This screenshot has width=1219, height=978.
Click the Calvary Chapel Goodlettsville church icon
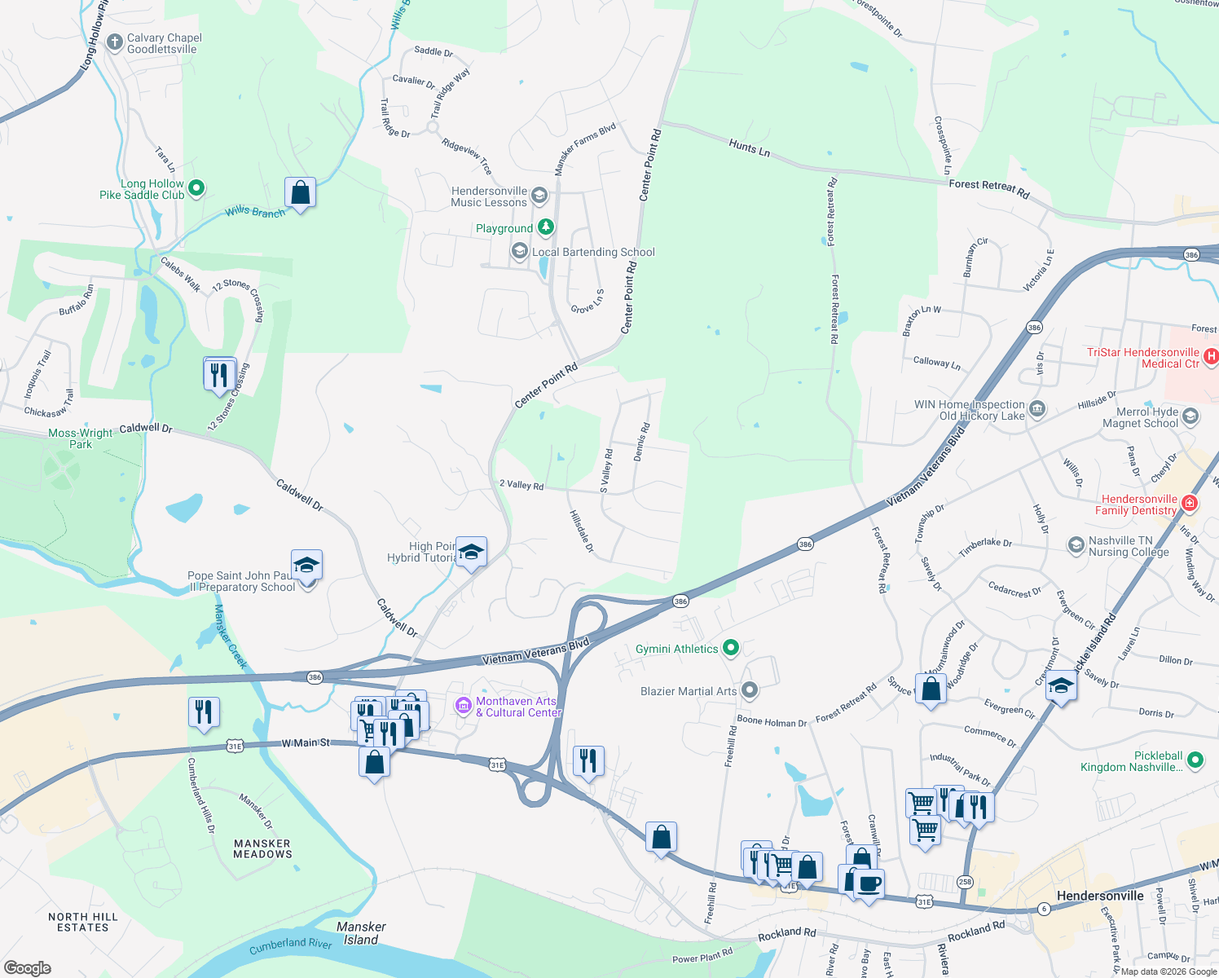pos(115,42)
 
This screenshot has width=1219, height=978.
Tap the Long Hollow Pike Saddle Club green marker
pos(196,189)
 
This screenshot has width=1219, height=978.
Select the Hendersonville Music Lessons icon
pos(539,196)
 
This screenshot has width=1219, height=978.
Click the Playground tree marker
pos(546,227)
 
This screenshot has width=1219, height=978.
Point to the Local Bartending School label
pos(593,253)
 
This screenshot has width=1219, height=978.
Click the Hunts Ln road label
pos(749,148)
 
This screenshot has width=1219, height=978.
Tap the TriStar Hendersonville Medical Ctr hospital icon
pos(1211,356)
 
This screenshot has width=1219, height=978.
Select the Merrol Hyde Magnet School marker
pos(1190,417)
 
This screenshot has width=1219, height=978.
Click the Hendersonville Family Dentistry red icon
pos(1190,504)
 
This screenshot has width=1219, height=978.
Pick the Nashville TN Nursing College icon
pos(1076,544)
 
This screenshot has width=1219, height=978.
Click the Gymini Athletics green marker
pos(731,648)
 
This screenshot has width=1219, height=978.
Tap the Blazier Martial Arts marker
pos(750,690)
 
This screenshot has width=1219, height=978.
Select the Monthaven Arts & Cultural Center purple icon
pos(464,706)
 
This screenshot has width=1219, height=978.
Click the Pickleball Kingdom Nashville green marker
pos(1195,760)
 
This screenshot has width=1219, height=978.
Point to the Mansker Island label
pos(361,933)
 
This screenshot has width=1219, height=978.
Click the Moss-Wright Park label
pos(80,438)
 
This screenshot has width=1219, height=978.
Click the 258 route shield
pos(965,882)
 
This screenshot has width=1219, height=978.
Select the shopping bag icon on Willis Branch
pos(300,193)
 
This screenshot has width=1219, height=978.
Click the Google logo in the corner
pos(28,967)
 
